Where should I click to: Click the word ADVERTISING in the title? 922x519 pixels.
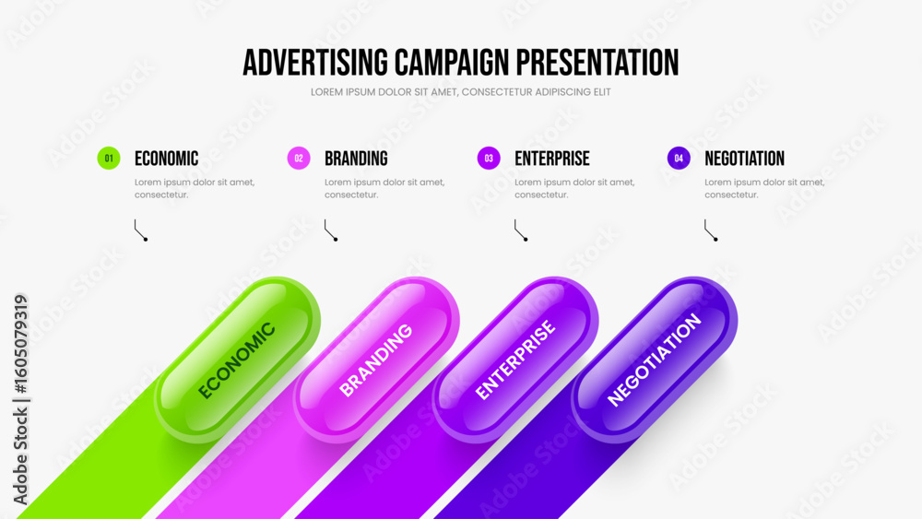point(315,63)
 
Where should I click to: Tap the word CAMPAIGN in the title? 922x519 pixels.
point(452,63)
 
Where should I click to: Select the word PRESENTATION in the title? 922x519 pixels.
point(597,63)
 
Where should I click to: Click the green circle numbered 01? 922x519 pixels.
point(109,159)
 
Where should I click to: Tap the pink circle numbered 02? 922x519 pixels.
point(299,159)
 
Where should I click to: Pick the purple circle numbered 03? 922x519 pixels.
point(489,159)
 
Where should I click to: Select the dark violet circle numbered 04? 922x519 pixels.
point(679,159)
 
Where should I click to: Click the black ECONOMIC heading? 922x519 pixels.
point(166,159)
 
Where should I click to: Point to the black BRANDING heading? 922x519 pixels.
point(356,159)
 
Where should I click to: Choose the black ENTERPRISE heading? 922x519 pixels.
point(552,159)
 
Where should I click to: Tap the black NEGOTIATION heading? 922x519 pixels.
point(744,159)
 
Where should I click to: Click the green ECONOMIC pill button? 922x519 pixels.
point(238,360)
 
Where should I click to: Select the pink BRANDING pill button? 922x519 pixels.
point(376,360)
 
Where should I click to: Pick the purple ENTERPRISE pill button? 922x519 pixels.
point(515,360)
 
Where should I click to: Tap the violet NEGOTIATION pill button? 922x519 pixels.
point(655,360)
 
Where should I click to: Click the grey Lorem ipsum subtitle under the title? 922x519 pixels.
point(461,92)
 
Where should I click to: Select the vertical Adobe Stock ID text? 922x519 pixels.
point(20,400)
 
